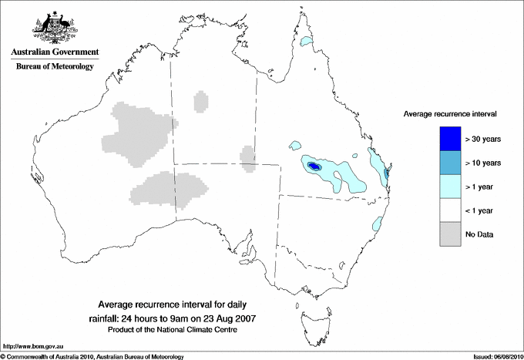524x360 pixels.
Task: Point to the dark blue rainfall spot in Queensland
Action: click(313, 166)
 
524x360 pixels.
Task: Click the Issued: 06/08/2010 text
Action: click(493, 355)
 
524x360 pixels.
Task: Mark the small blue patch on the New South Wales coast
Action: click(378, 224)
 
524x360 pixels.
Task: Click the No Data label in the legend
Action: click(481, 234)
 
